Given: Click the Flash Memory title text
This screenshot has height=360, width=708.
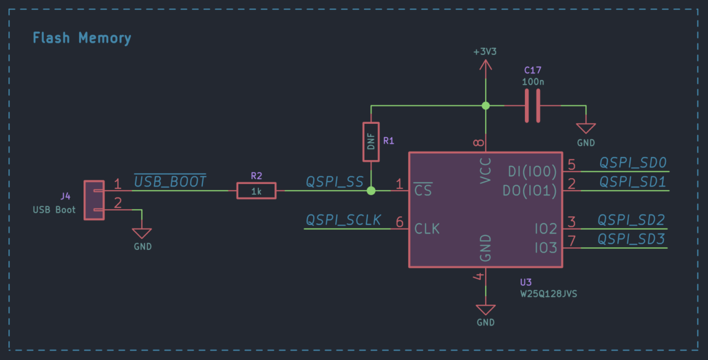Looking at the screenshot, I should pos(82,38).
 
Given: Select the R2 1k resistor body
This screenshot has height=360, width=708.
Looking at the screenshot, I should pos(257,191).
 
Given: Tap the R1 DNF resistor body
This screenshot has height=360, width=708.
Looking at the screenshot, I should pos(371,142).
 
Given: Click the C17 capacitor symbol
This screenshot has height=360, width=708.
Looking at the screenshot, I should pos(532,106).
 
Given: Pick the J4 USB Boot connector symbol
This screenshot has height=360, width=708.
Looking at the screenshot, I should pos(94,200).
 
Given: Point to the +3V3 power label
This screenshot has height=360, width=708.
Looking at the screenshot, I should pos(485,52).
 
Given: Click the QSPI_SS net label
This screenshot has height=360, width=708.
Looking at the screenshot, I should pos(335,182).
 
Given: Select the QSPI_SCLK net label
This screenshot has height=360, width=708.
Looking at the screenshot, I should pos(343,220).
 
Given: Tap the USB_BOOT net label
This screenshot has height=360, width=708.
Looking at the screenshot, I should pos(170,181).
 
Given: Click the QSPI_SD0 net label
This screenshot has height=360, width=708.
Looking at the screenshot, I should pos(633,163).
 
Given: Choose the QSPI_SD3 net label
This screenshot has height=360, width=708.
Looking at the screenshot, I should pos(631,239).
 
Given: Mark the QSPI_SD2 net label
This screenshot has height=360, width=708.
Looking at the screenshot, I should pos(631,220).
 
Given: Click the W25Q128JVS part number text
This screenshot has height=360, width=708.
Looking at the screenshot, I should pos(549,294).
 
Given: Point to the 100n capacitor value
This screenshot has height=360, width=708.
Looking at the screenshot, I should pos(533,81).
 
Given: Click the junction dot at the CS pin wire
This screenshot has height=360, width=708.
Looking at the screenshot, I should pos(371,191).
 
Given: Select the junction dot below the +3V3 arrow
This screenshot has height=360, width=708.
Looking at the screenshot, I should pos(486,106).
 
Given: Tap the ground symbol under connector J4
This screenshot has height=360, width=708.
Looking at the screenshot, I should pos(142,234).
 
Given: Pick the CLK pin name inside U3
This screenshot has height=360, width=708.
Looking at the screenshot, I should pos(427,228).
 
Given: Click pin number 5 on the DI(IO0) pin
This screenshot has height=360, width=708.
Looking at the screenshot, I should pos(571,164).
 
